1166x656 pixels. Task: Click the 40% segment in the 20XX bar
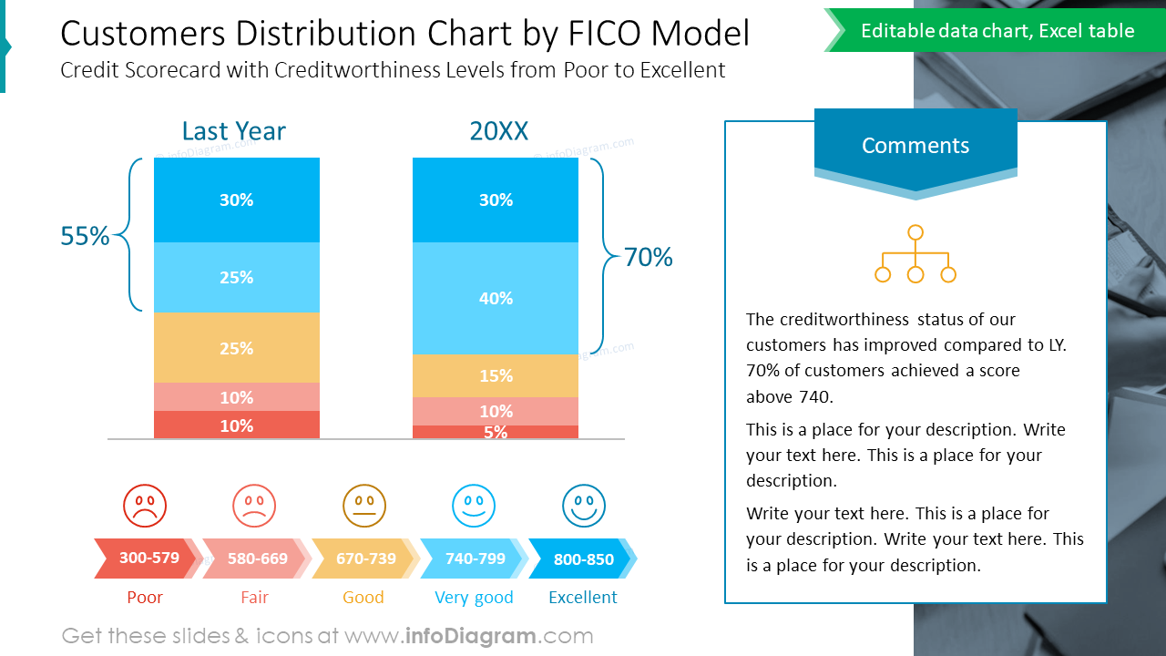click(496, 298)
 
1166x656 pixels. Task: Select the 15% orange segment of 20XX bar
click(496, 375)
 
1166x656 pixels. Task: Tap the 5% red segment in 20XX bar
click(496, 432)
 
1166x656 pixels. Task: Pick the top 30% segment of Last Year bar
click(237, 200)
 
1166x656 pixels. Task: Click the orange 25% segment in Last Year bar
click(237, 348)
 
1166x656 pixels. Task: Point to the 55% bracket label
click(85, 237)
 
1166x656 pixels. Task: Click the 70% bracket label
click(648, 258)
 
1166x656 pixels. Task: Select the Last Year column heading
click(233, 131)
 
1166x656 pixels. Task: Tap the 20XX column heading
click(498, 131)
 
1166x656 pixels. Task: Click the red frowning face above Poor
click(145, 506)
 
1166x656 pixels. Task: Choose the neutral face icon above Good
click(364, 506)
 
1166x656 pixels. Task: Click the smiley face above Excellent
click(584, 506)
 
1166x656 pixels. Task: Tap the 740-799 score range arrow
click(475, 559)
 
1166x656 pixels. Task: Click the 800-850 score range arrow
click(583, 559)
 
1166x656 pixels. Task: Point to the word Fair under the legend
click(255, 598)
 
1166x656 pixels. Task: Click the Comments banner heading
click(915, 146)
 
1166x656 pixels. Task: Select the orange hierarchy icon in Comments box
click(915, 254)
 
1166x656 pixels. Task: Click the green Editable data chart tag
click(997, 31)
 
